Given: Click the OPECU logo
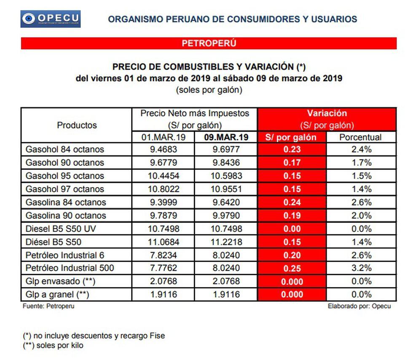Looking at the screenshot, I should click(51, 19).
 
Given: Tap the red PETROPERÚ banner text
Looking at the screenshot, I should click(209, 43).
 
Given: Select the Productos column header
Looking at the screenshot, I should click(77, 125).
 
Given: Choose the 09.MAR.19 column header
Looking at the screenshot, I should click(226, 137).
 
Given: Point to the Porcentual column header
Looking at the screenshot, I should click(360, 137).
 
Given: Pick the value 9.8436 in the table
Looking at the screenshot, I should click(225, 163).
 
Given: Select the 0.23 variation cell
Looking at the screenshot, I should click(292, 150).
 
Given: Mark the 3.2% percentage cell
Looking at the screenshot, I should click(361, 268).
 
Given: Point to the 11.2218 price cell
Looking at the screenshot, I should click(225, 242).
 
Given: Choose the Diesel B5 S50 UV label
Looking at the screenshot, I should click(62, 229).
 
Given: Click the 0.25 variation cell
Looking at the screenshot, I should click(292, 268).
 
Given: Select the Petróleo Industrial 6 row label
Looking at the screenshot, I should click(65, 255).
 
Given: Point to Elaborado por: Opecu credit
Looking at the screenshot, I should click(359, 306).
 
